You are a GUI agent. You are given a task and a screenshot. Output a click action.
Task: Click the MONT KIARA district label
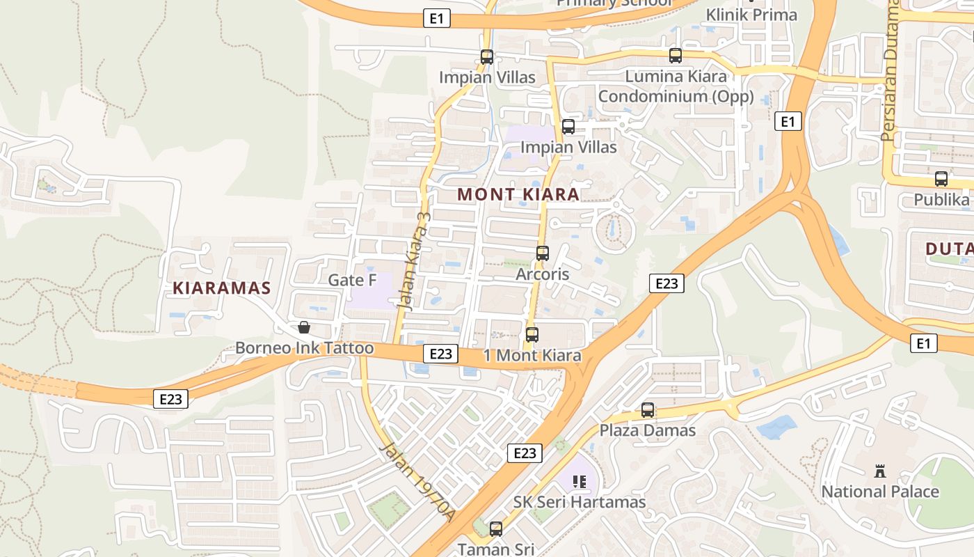tap(518, 194)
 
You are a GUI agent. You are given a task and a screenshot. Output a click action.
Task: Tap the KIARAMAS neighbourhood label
tap(221, 288)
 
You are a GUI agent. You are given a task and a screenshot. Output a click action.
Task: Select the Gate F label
tap(352, 280)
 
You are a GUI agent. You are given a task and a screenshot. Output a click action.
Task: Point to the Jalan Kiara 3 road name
tap(414, 260)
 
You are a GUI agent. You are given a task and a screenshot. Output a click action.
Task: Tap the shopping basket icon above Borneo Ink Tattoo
tap(304, 327)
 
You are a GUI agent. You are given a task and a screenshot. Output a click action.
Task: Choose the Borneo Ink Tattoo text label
tap(304, 348)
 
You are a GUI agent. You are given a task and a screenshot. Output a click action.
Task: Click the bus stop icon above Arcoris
tap(543, 253)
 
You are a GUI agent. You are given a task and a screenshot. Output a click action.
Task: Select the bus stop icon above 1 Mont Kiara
tap(532, 335)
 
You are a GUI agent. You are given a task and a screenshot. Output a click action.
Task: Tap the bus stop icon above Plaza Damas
tap(648, 410)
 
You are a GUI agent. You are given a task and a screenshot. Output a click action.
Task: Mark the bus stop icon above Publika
tap(941, 179)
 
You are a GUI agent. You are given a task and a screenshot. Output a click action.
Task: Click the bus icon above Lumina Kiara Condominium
tap(676, 56)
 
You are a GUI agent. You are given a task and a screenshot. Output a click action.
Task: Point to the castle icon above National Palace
tap(880, 471)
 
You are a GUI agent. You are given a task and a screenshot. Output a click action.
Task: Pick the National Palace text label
tap(880, 492)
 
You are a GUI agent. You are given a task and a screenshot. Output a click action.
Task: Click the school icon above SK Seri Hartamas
tap(580, 481)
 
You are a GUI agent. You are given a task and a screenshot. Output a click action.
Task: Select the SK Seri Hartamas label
tap(580, 502)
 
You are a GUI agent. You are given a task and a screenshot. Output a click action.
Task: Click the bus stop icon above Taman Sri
tap(496, 529)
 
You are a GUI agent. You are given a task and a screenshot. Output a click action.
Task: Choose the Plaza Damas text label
tap(648, 430)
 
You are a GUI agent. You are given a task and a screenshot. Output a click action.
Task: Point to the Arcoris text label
tap(543, 274)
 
